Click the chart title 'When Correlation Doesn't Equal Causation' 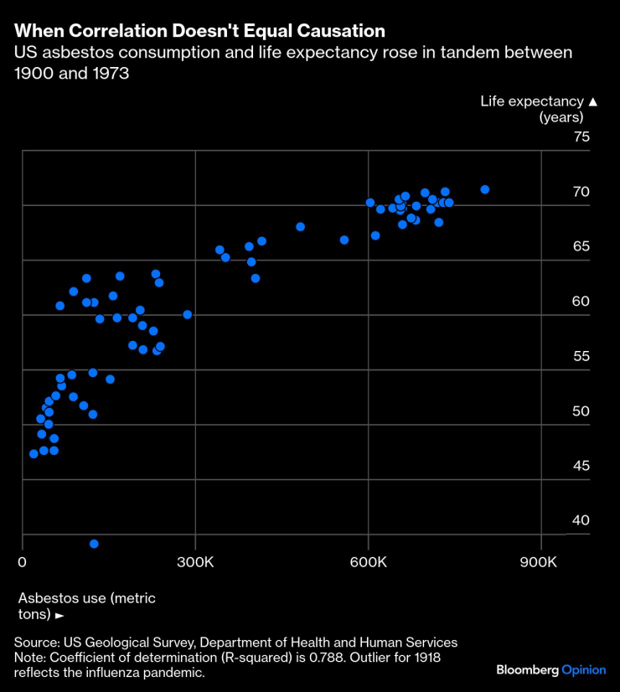199,31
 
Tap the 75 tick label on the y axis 581,137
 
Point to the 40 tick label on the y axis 581,520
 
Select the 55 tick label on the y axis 581,356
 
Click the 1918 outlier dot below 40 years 94,544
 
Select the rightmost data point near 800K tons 484,189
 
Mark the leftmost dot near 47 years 34,453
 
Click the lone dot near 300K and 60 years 187,315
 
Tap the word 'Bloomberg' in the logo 527,670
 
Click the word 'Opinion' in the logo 583,670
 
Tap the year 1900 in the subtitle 33,73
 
